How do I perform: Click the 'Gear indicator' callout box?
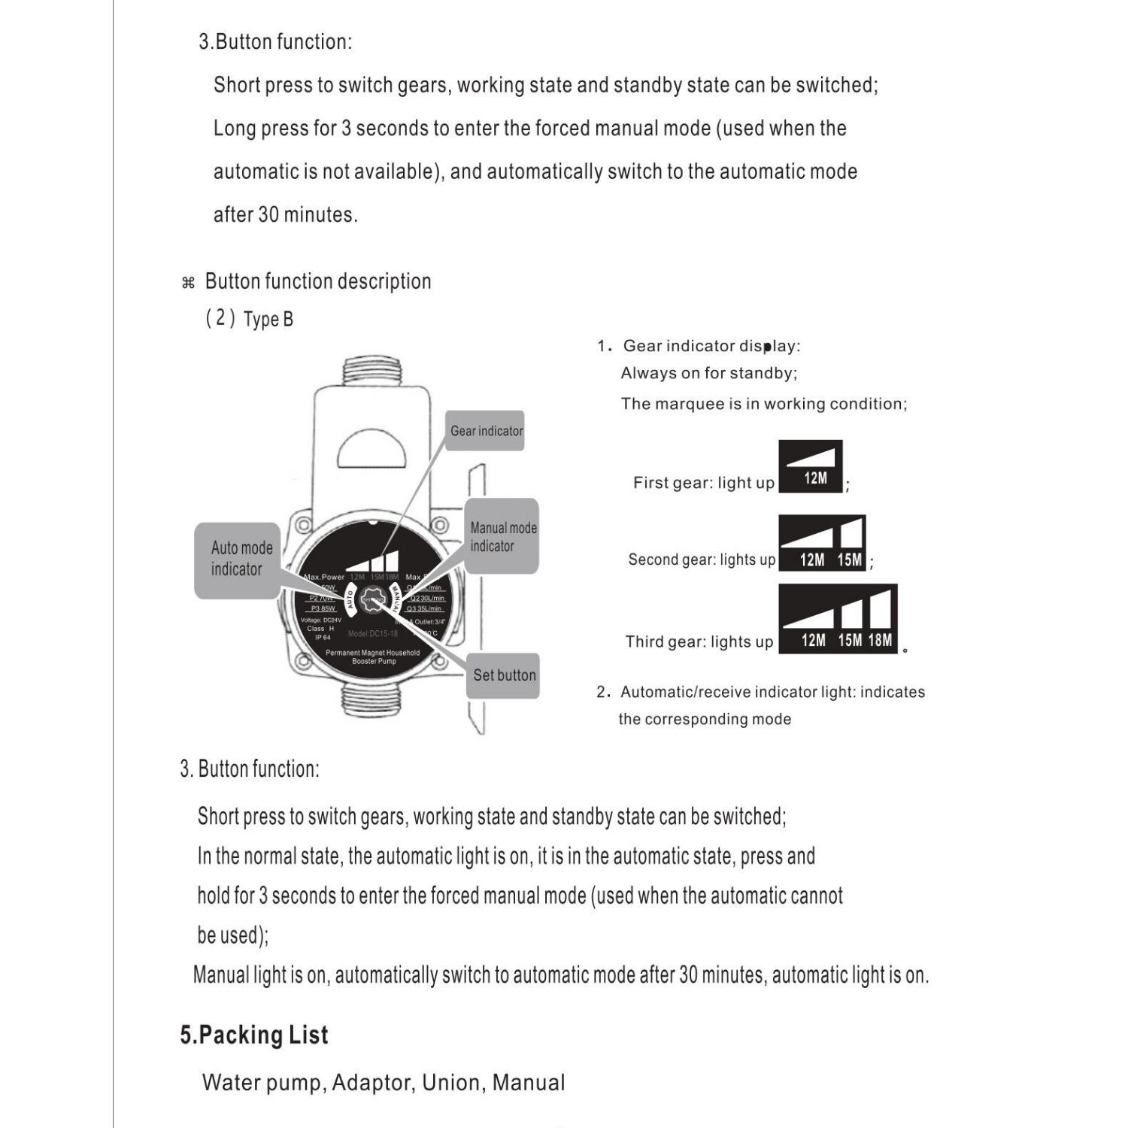point(485,431)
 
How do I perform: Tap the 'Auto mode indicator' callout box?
point(238,559)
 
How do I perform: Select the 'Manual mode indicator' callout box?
point(502,537)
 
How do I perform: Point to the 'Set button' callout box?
point(503,675)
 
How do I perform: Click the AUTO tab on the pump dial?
point(350,599)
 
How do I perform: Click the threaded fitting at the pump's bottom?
point(374,699)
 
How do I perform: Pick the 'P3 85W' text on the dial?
point(323,608)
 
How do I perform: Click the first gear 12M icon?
point(811,467)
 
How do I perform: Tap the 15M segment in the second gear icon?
point(851,544)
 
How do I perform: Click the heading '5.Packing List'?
point(254,1036)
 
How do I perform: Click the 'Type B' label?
point(268,320)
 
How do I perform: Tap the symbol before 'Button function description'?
point(188,283)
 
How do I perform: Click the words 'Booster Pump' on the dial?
point(374,662)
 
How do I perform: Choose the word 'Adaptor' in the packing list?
point(371,1083)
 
